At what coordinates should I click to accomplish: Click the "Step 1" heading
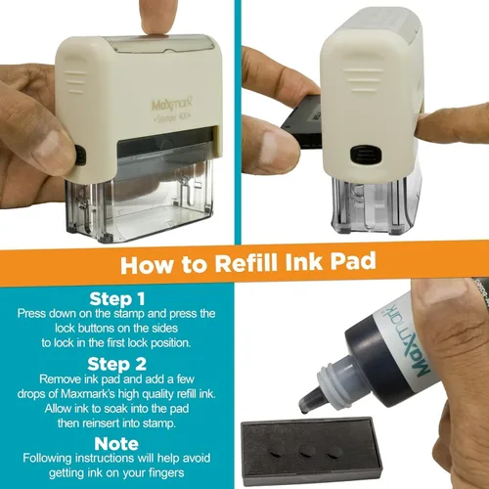tap(117, 298)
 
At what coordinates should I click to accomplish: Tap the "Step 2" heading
tap(117, 364)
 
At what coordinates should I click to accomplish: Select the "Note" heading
tap(116, 444)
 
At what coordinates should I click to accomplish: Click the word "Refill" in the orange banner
tap(246, 263)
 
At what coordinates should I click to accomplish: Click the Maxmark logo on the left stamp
tap(172, 104)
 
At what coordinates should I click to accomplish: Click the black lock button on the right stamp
tap(366, 156)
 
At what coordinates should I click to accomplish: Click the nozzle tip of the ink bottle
tap(304, 412)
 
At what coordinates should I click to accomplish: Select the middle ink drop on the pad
tap(307, 452)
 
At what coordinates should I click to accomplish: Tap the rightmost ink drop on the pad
tap(334, 453)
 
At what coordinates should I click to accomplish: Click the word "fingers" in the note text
tap(166, 472)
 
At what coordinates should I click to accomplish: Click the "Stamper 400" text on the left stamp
tap(172, 118)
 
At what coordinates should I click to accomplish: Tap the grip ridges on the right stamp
tap(363, 80)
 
